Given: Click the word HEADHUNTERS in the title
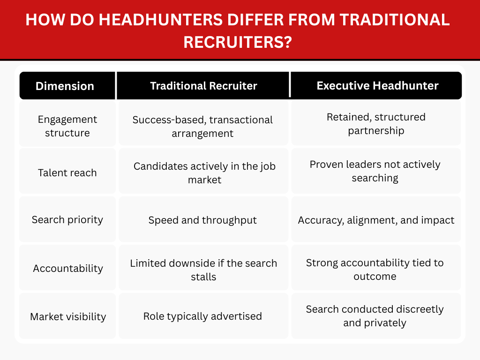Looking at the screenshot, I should [135, 20].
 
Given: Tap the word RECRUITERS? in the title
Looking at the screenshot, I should [238, 42].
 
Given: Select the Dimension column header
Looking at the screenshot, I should [65, 86].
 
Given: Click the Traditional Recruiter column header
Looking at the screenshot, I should [203, 86].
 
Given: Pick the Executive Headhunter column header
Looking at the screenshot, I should [377, 86].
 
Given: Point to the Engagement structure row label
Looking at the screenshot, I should [67, 126].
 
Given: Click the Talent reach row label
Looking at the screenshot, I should [67, 172].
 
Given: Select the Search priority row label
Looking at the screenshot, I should [67, 219].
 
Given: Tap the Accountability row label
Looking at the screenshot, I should [67, 269].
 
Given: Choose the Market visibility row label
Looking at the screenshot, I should [67, 316].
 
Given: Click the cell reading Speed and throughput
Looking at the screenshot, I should [202, 220].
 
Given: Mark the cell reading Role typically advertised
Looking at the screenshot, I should [202, 316].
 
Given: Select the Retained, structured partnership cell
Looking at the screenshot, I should [376, 124].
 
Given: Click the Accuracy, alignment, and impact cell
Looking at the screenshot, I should [376, 220].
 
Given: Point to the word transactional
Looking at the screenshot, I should [241, 120].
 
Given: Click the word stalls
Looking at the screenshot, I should [203, 277].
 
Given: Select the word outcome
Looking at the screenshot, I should [375, 276].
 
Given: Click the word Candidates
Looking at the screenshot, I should [156, 166].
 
